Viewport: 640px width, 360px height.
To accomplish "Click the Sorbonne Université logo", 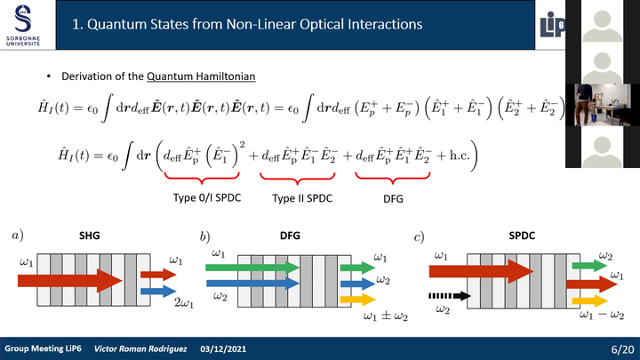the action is pyautogui.click(x=23, y=25).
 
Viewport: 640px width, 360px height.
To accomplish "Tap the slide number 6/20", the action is pyautogui.click(x=622, y=349).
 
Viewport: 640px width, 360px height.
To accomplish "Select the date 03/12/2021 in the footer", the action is pyautogui.click(x=223, y=349).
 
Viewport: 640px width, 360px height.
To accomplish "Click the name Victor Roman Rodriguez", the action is pyautogui.click(x=140, y=349).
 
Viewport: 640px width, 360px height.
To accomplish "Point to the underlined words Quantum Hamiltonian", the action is pyautogui.click(x=201, y=76).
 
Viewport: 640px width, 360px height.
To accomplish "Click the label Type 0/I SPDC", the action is pyautogui.click(x=207, y=198).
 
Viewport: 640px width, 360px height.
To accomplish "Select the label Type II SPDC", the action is pyautogui.click(x=302, y=198).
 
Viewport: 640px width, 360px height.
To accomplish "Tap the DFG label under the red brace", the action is pyautogui.click(x=393, y=199).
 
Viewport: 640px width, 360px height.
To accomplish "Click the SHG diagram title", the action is pyautogui.click(x=90, y=236).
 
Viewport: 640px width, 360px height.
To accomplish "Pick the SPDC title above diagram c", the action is pyautogui.click(x=522, y=236).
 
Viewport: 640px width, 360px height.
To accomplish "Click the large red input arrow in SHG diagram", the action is pyautogui.click(x=70, y=280).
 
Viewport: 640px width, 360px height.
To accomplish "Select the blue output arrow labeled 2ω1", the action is pyautogui.click(x=158, y=291).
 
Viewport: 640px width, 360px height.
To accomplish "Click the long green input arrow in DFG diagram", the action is pyautogui.click(x=252, y=268).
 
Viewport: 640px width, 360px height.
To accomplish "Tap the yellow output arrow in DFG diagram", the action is pyautogui.click(x=357, y=300).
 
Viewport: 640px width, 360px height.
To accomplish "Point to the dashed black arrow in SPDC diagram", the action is pyautogui.click(x=450, y=296).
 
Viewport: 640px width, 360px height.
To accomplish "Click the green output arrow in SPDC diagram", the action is pyautogui.click(x=590, y=266).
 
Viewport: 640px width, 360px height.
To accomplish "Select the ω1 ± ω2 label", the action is pyautogui.click(x=385, y=316).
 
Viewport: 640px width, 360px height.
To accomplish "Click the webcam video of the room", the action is pyautogui.click(x=602, y=105).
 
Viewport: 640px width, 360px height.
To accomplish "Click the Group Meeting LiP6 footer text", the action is pyautogui.click(x=43, y=348).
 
